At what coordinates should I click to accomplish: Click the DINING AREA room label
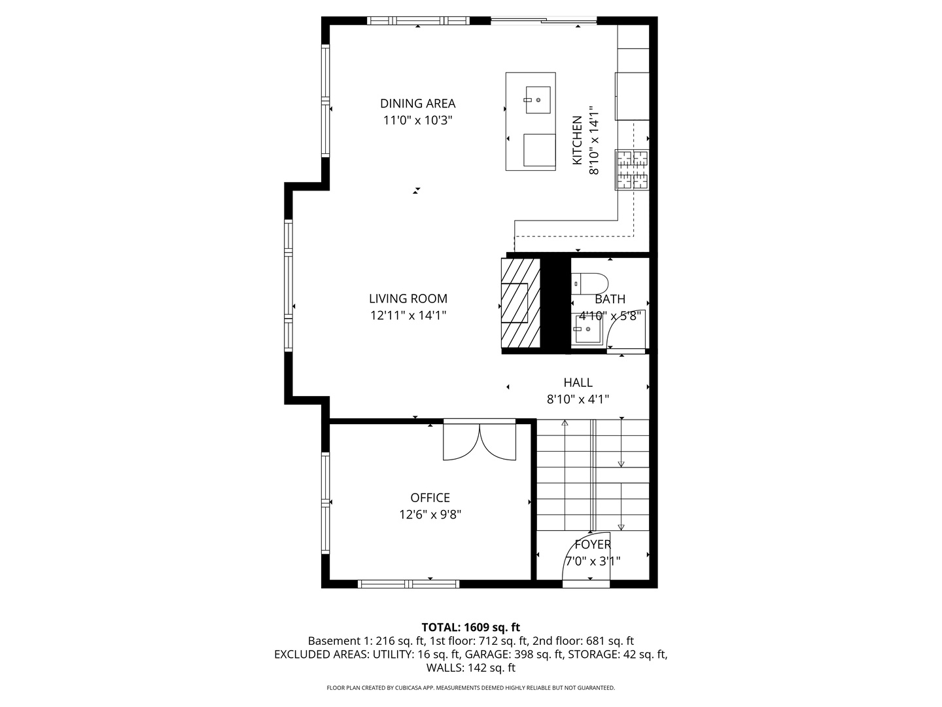point(417,103)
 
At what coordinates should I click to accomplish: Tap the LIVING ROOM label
point(408,299)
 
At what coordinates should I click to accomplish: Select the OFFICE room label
point(430,498)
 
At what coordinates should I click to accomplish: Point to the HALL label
point(578,382)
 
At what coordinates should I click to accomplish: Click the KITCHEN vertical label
point(577,141)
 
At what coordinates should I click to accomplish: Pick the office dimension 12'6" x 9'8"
point(430,515)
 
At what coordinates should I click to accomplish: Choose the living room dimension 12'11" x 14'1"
point(408,316)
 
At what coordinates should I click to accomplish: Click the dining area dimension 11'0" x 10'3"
point(417,120)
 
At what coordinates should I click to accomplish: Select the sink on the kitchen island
point(537,100)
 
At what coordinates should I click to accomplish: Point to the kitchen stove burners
point(632,170)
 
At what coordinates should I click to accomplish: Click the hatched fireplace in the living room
point(520,303)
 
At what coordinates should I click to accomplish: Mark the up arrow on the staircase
point(565,424)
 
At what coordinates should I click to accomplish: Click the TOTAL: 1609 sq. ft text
point(470,627)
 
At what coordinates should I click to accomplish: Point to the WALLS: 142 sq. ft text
point(470,668)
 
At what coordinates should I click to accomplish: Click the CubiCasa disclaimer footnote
point(470,688)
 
